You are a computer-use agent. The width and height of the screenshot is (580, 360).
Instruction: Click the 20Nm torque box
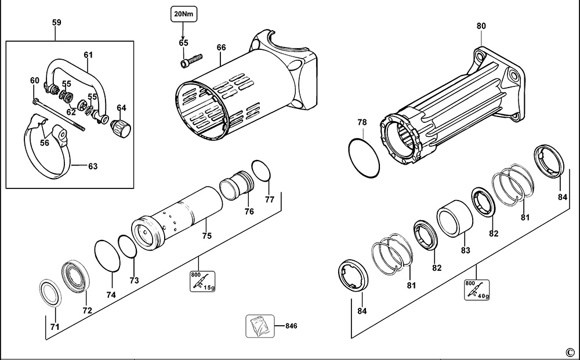coord(184,15)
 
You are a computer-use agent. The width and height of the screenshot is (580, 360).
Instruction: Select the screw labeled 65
coord(191,61)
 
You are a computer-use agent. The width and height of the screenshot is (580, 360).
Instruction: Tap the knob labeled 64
coord(121,128)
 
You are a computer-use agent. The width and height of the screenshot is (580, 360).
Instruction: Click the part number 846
coord(291,326)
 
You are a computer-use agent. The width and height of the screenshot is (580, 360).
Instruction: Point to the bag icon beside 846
coord(260,326)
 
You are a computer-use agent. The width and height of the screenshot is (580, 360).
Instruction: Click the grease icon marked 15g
coord(202,282)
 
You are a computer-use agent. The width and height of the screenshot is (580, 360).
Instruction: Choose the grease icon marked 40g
coord(477,290)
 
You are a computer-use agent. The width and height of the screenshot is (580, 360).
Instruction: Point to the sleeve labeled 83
coord(455,219)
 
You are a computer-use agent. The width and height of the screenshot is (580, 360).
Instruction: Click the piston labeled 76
coord(237,185)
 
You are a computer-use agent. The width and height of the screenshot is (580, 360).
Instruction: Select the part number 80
coord(481,26)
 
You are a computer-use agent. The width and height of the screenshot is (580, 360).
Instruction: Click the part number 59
coord(56,23)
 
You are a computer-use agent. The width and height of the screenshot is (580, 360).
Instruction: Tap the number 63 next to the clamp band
coord(93,166)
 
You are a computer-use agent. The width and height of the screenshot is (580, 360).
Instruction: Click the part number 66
coord(221,48)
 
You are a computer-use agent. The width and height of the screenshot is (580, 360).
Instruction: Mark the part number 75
coord(207,236)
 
